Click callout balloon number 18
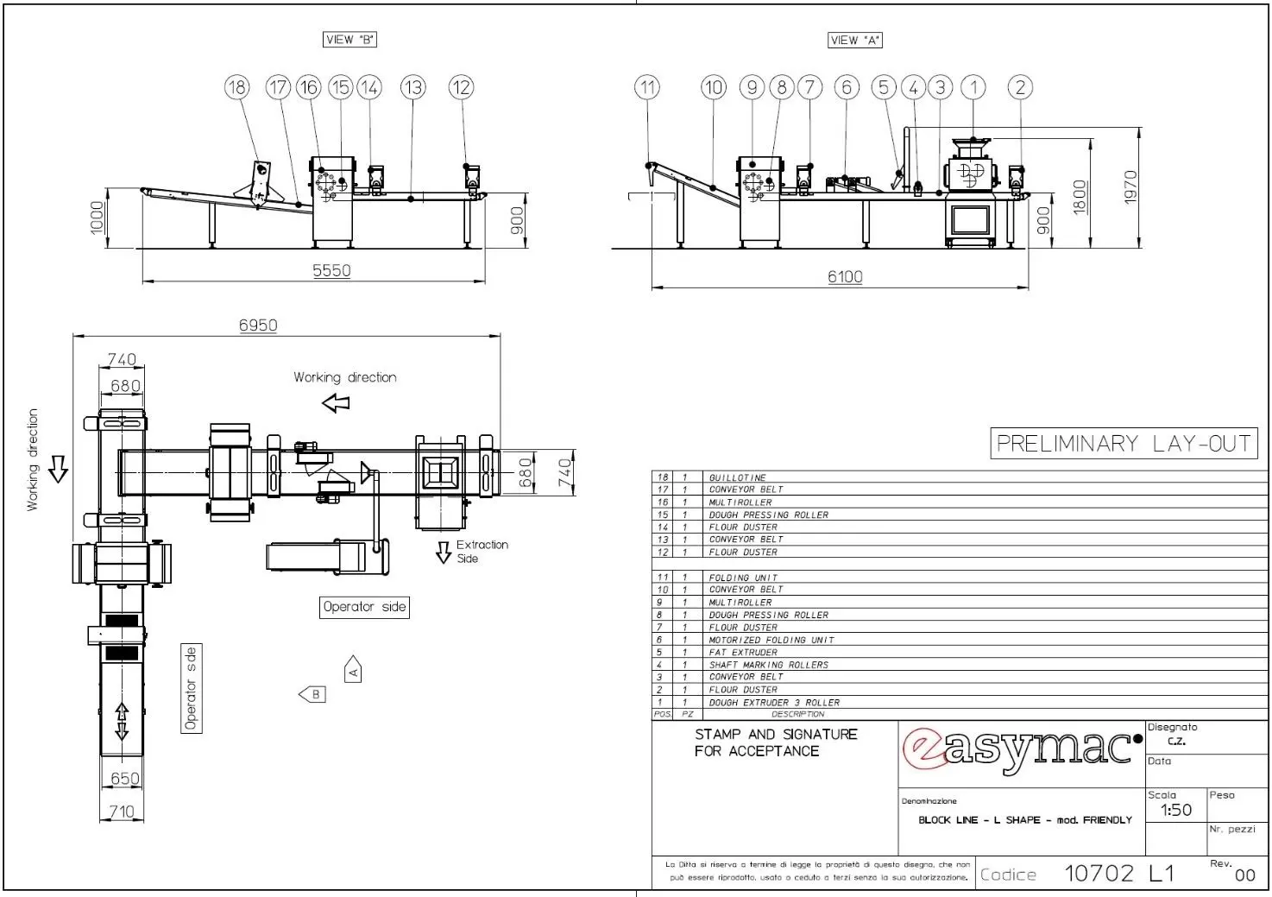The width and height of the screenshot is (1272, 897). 236,87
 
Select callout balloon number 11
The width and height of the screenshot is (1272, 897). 647,87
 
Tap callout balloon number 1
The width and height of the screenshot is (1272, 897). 973,87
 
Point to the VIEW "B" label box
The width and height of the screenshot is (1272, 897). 350,40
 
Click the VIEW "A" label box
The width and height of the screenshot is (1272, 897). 855,40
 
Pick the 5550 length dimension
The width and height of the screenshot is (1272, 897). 331,271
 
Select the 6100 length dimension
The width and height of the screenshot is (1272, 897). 845,277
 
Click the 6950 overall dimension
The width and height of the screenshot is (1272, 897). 258,325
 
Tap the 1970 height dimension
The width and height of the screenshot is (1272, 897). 1130,187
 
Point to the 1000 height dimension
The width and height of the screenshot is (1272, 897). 98,217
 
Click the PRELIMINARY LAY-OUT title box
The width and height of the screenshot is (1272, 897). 1124,444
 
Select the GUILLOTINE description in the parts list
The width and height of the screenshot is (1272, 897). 738,477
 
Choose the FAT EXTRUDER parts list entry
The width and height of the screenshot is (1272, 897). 743,653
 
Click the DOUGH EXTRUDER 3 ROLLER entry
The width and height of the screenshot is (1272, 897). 774,703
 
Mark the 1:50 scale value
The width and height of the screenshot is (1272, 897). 1175,811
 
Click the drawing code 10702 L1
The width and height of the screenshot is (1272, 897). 1119,873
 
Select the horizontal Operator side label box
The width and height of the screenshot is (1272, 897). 364,607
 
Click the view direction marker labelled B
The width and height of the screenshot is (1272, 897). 312,694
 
